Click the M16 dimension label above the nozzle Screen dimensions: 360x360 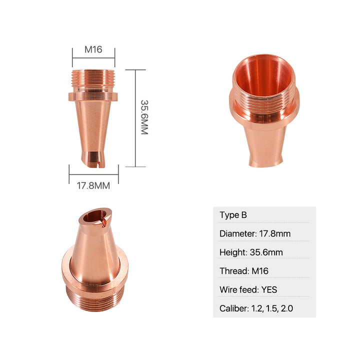93,49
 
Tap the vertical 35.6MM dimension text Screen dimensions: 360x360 144,117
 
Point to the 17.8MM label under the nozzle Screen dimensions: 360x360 93,185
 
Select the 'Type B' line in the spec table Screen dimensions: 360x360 233,215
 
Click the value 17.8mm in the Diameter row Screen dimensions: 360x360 275,233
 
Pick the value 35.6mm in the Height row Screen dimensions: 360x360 266,252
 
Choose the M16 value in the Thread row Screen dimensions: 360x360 260,271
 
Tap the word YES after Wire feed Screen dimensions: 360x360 269,289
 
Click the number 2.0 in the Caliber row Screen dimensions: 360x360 287,308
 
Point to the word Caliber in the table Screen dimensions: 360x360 233,308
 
